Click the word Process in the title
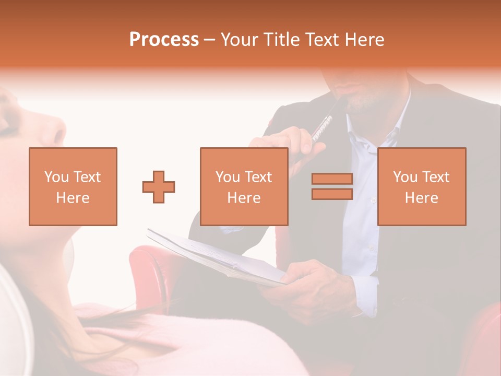[164, 40]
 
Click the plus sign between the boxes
[159, 186]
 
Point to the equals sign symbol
[332, 186]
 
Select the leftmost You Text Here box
[73, 186]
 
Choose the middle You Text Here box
[244, 186]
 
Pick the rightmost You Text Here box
[422, 186]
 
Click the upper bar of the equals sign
[332, 179]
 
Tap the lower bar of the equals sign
[332, 194]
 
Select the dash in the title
[210, 40]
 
